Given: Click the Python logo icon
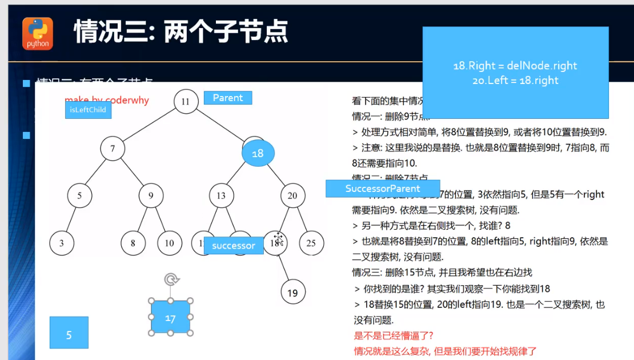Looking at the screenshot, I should point(38,33).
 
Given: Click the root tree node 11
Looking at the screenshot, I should point(186,102).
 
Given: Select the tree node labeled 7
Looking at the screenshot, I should point(113,149).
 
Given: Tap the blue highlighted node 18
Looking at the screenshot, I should point(258,153).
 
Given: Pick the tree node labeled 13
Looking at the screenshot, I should point(221,196).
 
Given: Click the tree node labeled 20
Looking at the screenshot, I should point(292,196).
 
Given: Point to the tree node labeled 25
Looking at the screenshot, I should point(311,243).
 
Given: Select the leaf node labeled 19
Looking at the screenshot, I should point(292,293).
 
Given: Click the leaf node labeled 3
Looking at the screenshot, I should point(62,243).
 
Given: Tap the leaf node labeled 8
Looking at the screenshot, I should point(133,243).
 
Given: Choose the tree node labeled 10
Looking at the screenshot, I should point(169,243).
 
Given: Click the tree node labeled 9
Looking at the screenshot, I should point(151,196).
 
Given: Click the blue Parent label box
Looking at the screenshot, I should point(228,98).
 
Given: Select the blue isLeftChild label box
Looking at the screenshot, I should point(88,110).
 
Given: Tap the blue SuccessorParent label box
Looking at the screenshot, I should point(383,189).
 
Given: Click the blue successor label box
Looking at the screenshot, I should point(233,246).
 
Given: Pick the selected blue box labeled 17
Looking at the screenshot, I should point(170,317).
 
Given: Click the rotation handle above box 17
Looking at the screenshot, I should point(171,279).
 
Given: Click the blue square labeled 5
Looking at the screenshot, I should point(69,333).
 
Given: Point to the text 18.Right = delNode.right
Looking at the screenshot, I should point(515,66).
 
